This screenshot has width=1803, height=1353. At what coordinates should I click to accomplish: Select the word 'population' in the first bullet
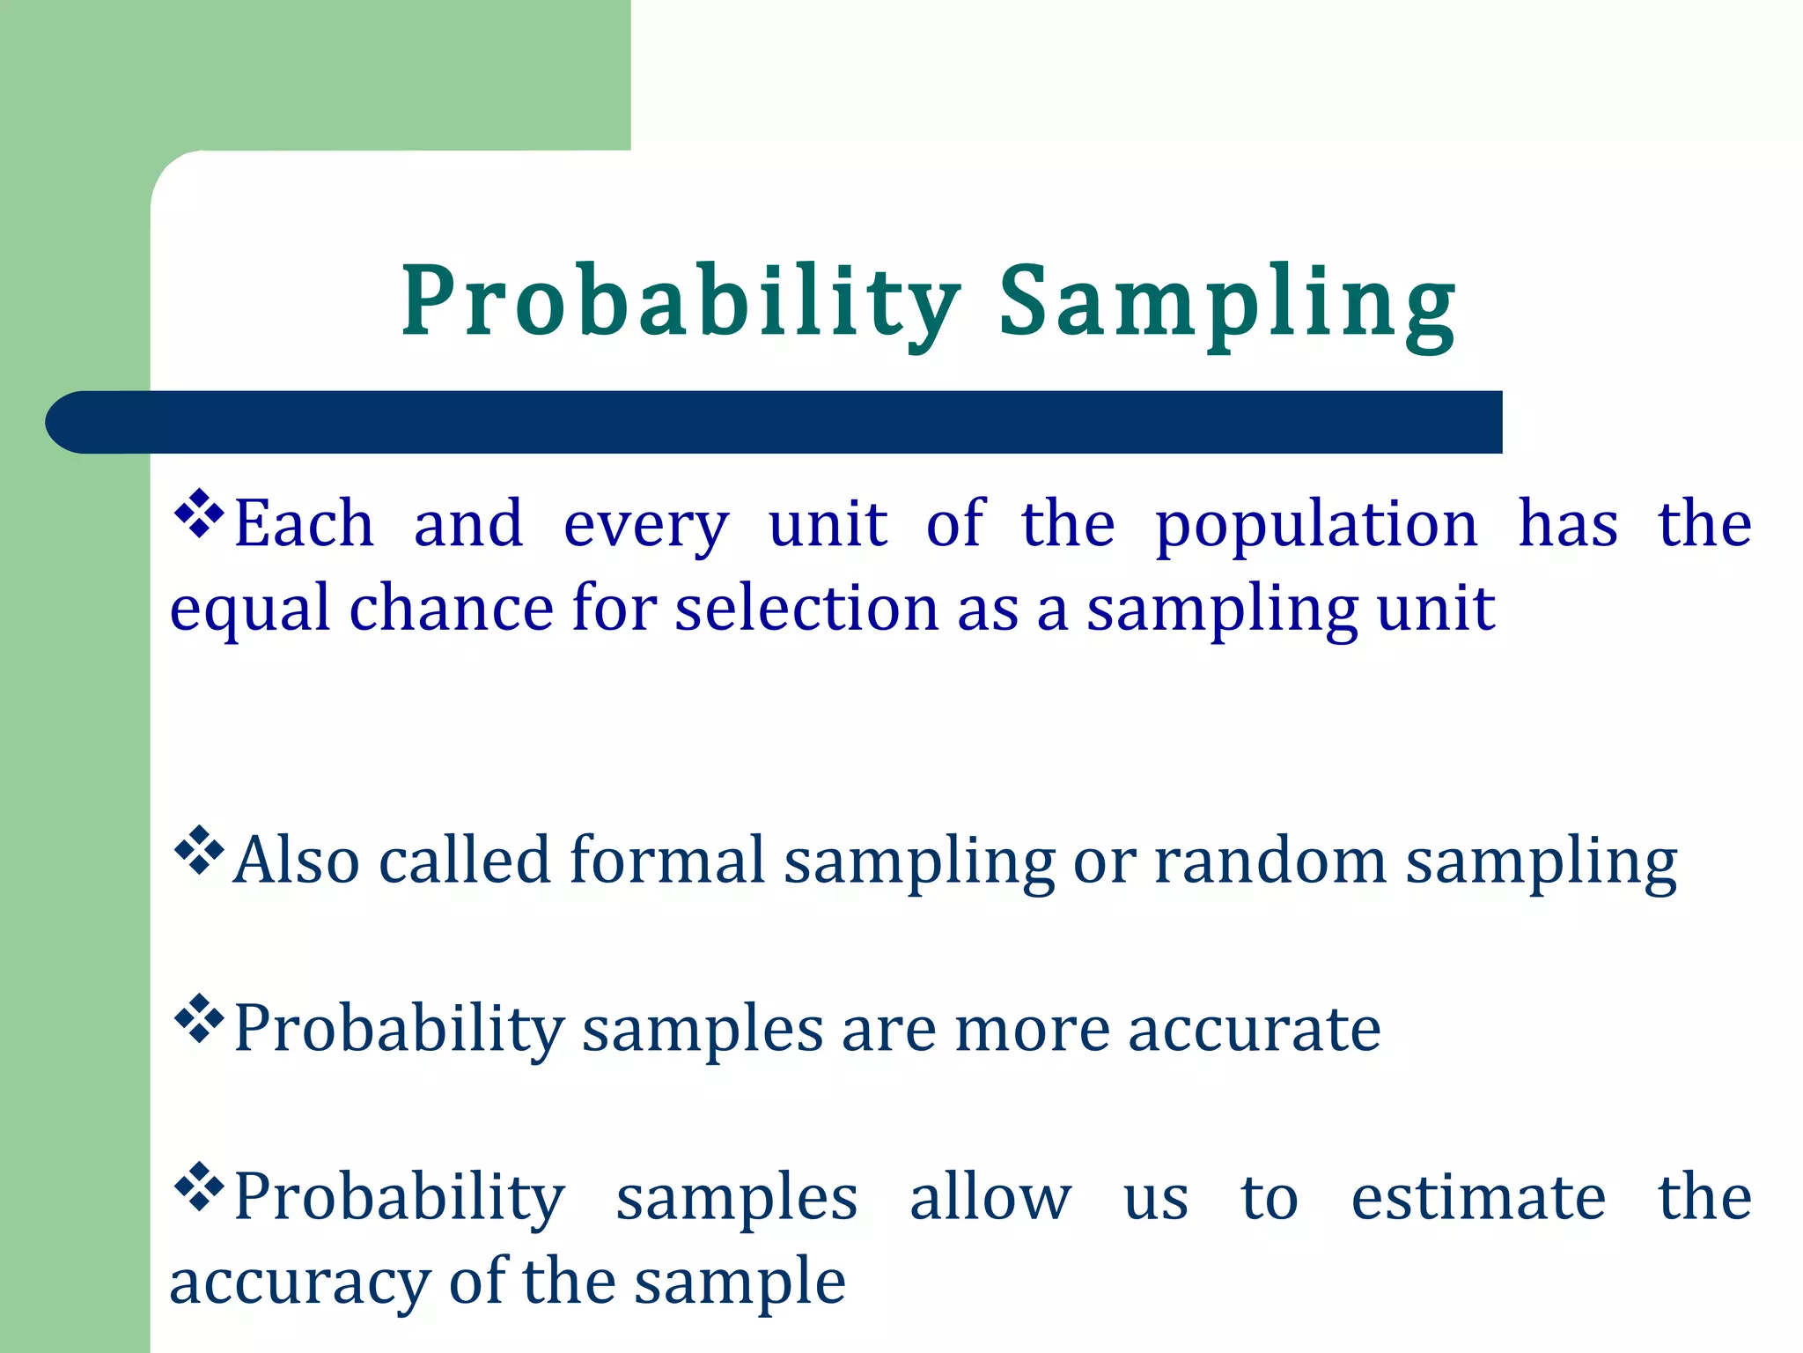click(1315, 526)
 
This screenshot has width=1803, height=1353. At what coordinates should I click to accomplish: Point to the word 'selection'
click(806, 609)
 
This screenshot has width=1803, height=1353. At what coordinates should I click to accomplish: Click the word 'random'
click(1269, 861)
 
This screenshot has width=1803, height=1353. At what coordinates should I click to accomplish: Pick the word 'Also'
click(297, 860)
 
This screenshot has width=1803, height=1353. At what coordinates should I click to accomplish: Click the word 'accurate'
click(1254, 1030)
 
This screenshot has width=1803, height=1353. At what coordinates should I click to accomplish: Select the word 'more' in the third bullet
click(1031, 1030)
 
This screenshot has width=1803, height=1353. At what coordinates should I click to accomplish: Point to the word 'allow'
click(990, 1198)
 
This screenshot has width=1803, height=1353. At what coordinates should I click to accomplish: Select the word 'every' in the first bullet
click(645, 526)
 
